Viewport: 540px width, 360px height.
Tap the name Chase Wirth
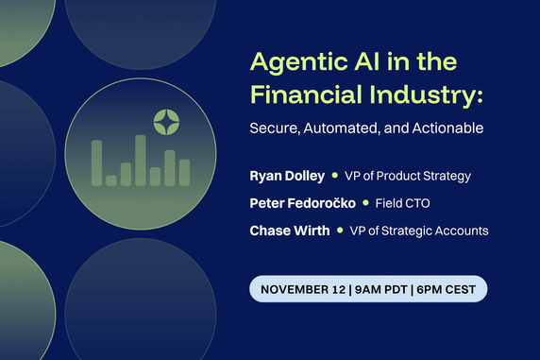click(x=289, y=231)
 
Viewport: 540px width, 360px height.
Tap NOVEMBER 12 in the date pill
click(x=301, y=288)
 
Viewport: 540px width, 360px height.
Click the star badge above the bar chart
click(x=166, y=121)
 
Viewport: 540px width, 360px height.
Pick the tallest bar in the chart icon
click(x=140, y=161)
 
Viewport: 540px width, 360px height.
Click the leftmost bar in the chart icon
click(x=96, y=163)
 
